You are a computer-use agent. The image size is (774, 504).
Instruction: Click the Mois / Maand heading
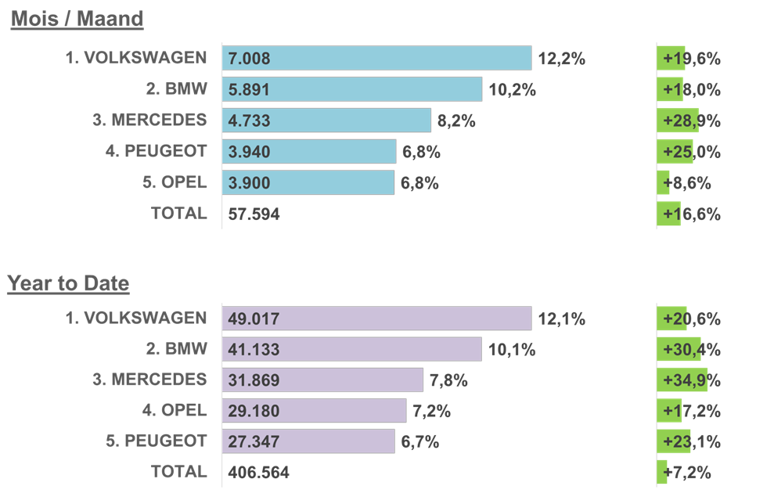pyautogui.click(x=77, y=19)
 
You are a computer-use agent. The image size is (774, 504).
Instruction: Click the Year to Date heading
pyautogui.click(x=68, y=283)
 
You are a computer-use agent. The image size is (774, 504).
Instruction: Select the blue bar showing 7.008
pyautogui.click(x=376, y=58)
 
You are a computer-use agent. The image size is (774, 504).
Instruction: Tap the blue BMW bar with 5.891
pyautogui.click(x=352, y=89)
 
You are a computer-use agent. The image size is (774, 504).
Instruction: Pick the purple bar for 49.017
pyautogui.click(x=376, y=319)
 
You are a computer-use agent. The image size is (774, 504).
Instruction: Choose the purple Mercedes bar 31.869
pyautogui.click(x=322, y=380)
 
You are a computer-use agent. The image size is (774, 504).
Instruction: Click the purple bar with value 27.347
pyautogui.click(x=308, y=441)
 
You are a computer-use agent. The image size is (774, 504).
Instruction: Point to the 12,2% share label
pyautogui.click(x=562, y=59)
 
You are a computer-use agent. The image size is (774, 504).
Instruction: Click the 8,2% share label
pyautogui.click(x=456, y=121)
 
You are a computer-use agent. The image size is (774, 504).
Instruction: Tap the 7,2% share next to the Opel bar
pyautogui.click(x=432, y=411)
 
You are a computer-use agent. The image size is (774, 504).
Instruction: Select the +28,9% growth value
pyautogui.click(x=692, y=121)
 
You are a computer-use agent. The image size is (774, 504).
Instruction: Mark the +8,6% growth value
pyautogui.click(x=686, y=183)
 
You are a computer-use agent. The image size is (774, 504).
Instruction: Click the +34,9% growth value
pyautogui.click(x=692, y=380)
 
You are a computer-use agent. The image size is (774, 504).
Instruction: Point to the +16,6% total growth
pyautogui.click(x=692, y=214)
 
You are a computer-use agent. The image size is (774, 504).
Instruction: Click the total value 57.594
pyautogui.click(x=254, y=214)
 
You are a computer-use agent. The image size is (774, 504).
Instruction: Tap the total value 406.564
pyautogui.click(x=259, y=473)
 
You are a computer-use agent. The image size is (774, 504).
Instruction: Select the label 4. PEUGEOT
pyautogui.click(x=156, y=151)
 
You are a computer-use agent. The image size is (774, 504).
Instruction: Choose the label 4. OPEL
pyautogui.click(x=175, y=410)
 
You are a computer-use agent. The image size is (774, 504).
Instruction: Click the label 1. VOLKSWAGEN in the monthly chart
pyautogui.click(x=136, y=58)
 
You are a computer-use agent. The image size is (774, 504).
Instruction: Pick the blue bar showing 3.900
pyautogui.click(x=308, y=182)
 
